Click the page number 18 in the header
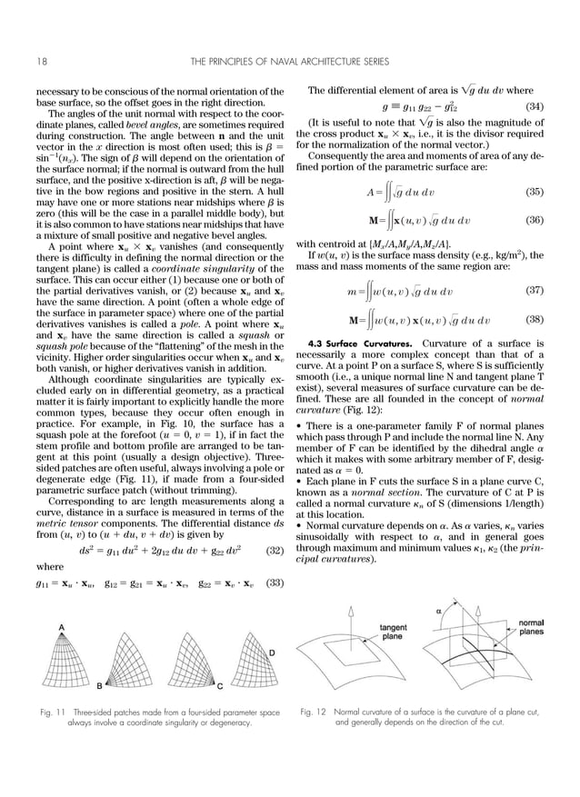(x=42, y=61)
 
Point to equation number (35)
(x=534, y=193)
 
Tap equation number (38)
(x=534, y=320)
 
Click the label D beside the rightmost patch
(x=272, y=653)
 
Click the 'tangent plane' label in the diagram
(x=393, y=633)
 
